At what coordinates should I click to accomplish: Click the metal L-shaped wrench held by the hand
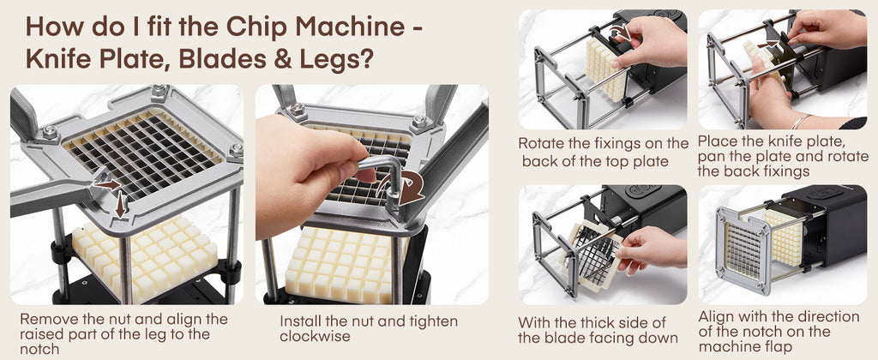pos(381,178)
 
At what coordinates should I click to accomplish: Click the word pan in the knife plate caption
pos(711,157)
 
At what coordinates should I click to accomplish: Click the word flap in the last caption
pos(779,346)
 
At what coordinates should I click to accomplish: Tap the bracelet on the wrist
pos(800,121)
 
